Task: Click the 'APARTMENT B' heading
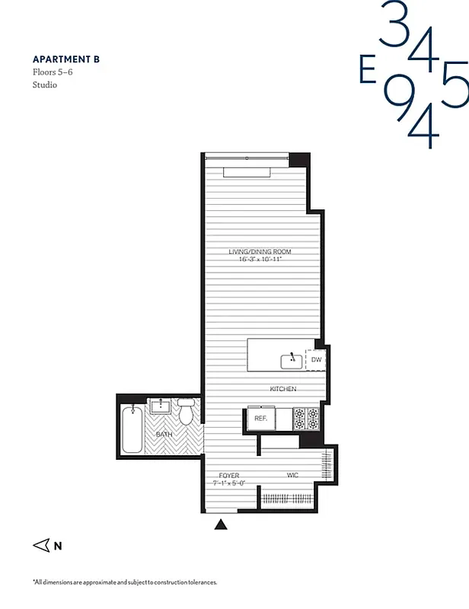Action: pos(65,59)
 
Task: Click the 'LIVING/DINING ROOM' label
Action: pos(260,252)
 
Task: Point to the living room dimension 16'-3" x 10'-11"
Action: pos(260,260)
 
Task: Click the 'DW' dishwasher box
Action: pos(316,359)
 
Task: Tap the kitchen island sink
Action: pos(292,359)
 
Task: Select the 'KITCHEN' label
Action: pos(282,389)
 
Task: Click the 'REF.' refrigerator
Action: pos(260,419)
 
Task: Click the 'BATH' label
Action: pos(164,435)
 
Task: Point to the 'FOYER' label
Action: pos(228,475)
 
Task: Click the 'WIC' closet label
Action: pos(292,475)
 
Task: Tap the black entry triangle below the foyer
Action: pos(222,524)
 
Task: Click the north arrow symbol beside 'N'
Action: pos(41,545)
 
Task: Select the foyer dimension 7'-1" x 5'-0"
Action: pos(228,483)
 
